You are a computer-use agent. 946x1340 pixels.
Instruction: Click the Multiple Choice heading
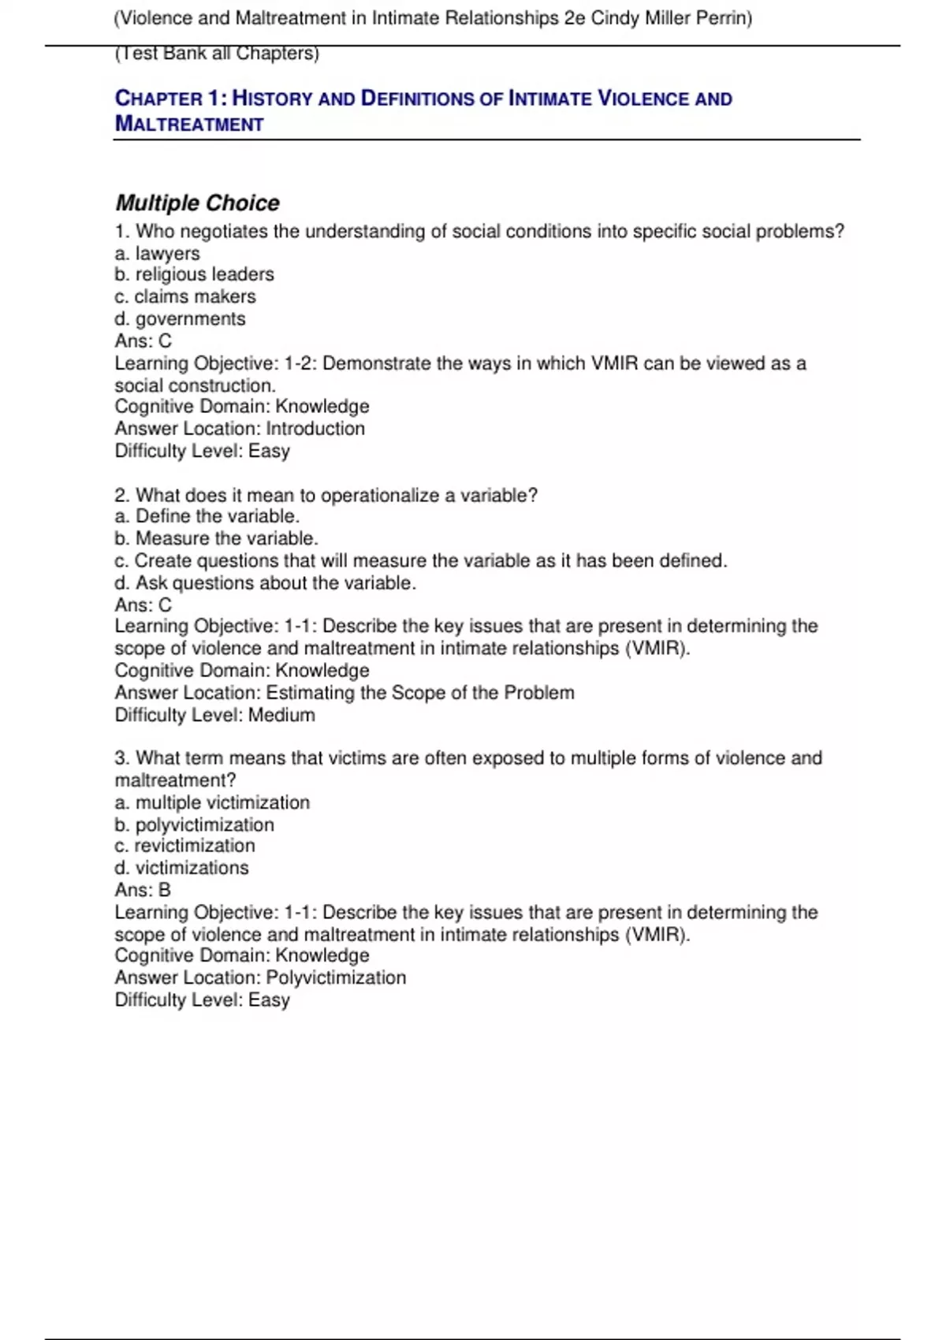point(197,203)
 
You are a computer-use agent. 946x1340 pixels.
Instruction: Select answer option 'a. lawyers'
point(157,254)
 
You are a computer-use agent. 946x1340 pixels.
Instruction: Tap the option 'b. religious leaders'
point(194,274)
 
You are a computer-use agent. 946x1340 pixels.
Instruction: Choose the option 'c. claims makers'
point(185,296)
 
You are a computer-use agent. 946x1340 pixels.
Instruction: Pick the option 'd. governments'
point(180,318)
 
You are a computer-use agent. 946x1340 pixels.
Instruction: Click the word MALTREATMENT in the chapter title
point(189,125)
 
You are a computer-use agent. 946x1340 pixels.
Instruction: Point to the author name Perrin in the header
point(723,18)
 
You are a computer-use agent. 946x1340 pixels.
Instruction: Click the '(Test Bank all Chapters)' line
point(217,54)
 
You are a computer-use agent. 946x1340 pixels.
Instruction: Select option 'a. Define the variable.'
point(207,516)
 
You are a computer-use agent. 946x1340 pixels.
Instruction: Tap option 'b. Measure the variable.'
point(216,538)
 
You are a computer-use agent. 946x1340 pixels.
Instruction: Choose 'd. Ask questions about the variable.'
point(265,583)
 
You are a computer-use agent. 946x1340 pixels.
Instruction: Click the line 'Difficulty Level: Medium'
point(214,715)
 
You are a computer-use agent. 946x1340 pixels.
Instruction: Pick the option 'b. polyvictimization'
point(194,824)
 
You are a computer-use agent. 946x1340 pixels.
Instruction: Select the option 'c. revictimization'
point(184,846)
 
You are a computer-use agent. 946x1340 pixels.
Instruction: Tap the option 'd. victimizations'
point(181,868)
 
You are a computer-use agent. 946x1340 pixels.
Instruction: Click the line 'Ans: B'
point(143,890)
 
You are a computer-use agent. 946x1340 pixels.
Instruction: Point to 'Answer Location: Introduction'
point(240,429)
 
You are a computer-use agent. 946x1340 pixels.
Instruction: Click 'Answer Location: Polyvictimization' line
point(260,977)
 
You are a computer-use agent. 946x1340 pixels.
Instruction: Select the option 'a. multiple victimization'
point(212,802)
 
